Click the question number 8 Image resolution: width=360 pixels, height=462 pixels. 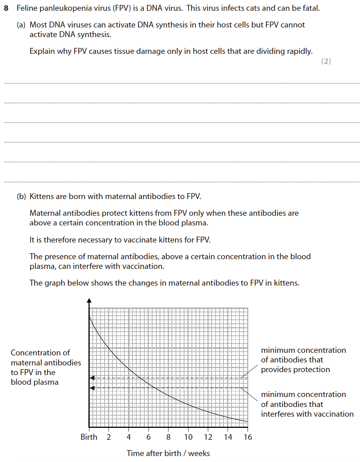tap(6, 8)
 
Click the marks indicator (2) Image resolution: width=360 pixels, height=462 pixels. tap(326, 61)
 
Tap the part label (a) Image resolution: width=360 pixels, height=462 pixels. tap(21, 25)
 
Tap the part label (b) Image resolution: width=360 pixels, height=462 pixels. tap(21, 196)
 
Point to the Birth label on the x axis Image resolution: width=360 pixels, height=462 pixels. tap(89, 437)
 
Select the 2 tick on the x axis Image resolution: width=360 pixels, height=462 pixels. tap(109, 437)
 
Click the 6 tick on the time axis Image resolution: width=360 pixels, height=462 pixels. tap(148, 437)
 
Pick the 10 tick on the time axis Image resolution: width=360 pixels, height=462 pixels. tap(189, 437)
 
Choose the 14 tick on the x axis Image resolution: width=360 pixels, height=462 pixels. tap(228, 437)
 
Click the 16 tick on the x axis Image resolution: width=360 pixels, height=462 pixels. tap(248, 437)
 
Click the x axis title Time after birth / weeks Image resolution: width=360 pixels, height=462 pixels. tap(168, 453)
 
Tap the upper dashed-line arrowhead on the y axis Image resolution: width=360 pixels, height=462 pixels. tap(92, 378)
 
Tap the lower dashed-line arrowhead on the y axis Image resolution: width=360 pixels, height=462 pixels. tap(92, 388)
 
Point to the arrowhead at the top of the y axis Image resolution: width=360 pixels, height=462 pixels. tap(89, 300)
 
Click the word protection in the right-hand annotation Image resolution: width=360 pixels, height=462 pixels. tap(311, 370)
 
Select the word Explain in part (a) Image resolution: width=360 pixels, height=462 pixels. tap(42, 51)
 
